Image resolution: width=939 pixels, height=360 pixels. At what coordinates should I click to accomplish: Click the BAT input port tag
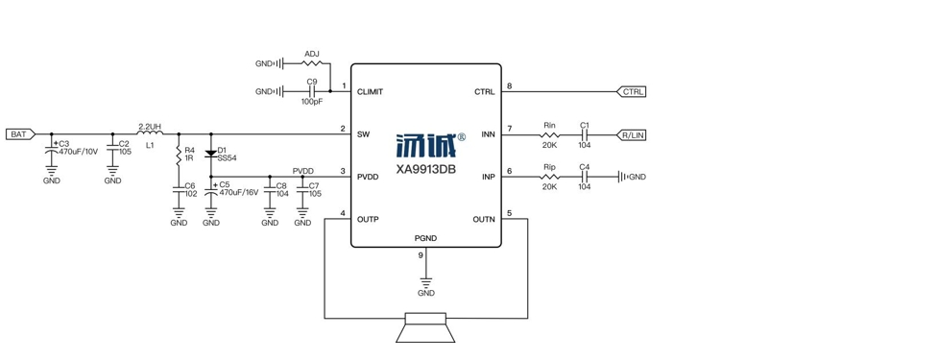(21, 134)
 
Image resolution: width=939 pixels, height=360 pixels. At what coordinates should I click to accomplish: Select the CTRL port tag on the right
(631, 91)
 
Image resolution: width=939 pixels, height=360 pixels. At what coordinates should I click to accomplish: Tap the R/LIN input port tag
(631, 135)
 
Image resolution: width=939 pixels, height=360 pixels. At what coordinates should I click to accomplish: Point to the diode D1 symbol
(210, 154)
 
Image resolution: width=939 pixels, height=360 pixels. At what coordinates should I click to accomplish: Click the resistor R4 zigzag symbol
(179, 155)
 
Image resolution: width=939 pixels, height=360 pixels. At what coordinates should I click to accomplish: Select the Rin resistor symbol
(550, 135)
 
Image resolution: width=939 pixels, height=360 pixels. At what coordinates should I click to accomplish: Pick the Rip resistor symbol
(550, 177)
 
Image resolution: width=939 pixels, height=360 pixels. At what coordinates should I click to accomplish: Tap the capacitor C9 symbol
(311, 91)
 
